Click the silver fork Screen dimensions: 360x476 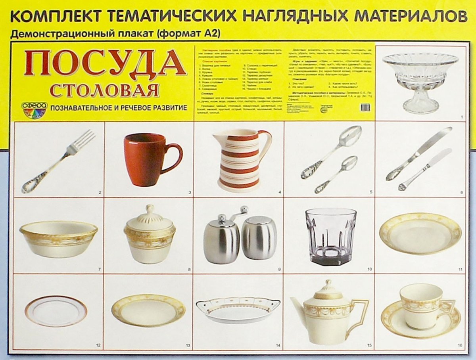pos(59,161)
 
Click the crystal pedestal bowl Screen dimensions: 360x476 pos(420,81)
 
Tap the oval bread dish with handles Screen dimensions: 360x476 pos(238,310)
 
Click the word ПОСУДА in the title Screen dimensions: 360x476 pos(105,63)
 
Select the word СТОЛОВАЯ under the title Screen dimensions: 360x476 pos(105,90)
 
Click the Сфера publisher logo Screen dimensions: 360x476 pos(34,110)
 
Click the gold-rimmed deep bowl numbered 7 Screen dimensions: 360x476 pos(59,238)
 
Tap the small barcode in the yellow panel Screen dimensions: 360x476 pos(366,107)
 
